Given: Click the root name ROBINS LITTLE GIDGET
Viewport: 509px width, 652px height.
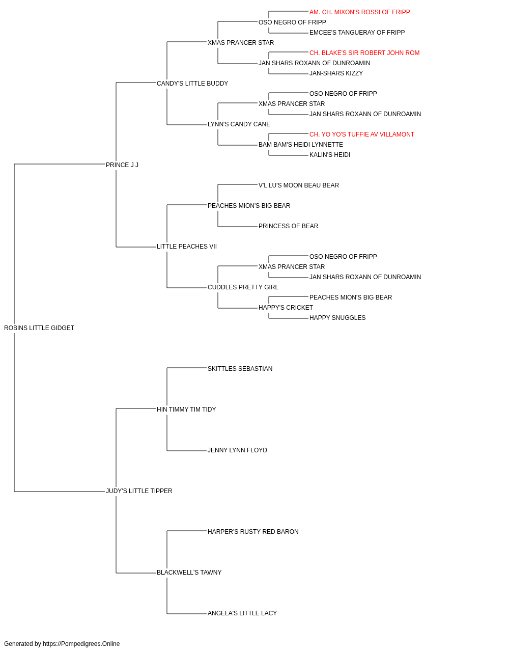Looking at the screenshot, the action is pos(39,328).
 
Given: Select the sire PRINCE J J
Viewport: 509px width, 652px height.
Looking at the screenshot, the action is pos(122,165).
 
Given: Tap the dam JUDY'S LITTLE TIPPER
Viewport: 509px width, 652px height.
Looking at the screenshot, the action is pos(139,491).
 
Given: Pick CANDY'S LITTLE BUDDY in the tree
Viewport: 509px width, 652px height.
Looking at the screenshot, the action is pos(192,84).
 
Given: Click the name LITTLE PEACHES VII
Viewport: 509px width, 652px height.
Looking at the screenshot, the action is pos(187,247).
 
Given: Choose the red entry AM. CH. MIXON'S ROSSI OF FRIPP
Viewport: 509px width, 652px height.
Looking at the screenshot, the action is pos(360,12).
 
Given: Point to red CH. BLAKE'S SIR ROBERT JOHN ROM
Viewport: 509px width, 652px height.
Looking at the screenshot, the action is pos(364,53).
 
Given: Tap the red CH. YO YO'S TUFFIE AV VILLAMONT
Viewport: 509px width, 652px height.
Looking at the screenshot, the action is pos(362,134).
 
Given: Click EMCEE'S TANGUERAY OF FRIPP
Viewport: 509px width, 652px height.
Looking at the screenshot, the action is pos(357,33).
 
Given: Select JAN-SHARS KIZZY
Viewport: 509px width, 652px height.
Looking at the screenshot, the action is pos(336,73).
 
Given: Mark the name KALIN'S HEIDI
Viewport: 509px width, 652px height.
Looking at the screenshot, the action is pos(330,155).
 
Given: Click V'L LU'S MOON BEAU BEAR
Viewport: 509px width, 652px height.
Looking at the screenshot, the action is pos(299,185).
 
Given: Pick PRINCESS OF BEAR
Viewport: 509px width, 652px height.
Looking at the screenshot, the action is pos(289,226).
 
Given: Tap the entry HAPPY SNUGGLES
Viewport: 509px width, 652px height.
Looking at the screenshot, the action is pos(337,318).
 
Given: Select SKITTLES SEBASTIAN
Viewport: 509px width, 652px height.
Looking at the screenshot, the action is pos(240,369).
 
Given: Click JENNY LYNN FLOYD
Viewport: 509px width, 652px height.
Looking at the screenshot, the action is pos(237,450).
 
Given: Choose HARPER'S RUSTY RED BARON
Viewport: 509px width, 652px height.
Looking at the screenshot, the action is pos(253,532).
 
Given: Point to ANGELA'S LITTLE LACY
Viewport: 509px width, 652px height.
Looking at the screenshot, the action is pos(242,613).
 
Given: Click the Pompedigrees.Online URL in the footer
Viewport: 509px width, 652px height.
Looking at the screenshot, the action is pos(81,644).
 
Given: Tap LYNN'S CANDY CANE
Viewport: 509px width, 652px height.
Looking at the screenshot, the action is pos(239,124).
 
